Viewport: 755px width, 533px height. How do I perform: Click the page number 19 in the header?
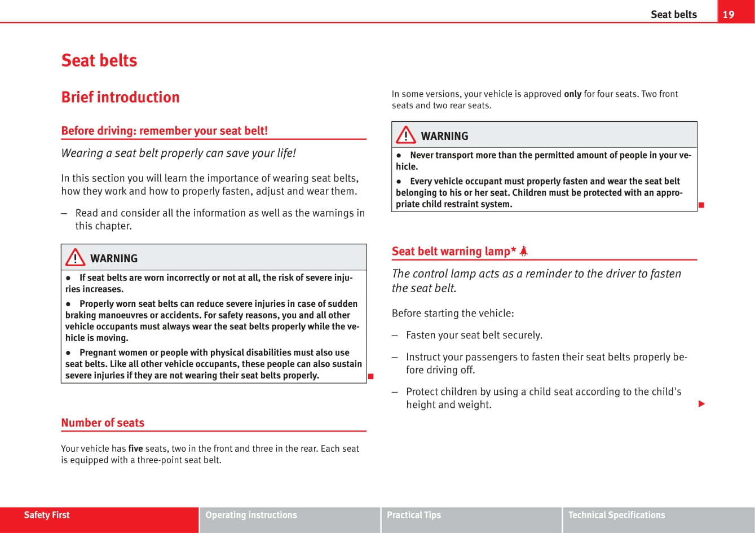pos(728,14)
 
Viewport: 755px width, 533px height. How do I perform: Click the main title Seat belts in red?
pos(99,60)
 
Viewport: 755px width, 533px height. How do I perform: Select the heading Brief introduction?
pos(120,97)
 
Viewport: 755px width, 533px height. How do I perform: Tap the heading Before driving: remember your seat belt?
pos(164,131)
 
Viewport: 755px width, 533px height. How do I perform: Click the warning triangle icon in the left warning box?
pos(75,258)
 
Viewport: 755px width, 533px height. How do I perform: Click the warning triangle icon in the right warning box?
pos(405,136)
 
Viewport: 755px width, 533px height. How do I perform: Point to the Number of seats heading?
pos(103,422)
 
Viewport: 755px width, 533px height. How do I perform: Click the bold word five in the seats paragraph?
pos(135,449)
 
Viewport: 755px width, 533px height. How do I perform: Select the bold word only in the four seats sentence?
pos(572,94)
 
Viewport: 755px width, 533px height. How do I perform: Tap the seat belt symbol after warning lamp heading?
pos(523,252)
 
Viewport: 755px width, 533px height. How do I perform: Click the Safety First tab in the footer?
pos(47,515)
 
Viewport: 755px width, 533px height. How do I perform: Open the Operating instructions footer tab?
pos(251,515)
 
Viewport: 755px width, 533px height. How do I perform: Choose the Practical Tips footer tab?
pos(414,515)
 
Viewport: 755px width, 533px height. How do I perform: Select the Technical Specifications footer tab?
pos(616,515)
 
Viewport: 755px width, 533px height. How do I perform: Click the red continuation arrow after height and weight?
pos(701,404)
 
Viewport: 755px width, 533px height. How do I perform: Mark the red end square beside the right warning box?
pos(701,205)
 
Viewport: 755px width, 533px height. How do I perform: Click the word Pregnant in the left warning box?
pos(98,353)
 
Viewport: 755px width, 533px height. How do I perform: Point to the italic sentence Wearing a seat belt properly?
pos(178,153)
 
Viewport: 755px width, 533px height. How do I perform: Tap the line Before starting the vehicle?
pos(453,313)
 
